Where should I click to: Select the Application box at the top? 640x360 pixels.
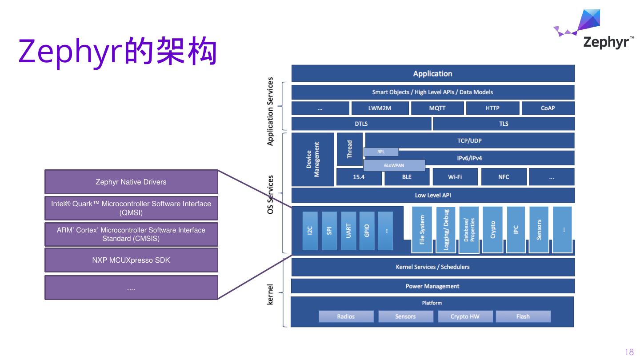pos(433,73)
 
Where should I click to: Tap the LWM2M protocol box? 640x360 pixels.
pos(380,108)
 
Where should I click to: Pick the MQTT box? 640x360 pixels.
pos(437,108)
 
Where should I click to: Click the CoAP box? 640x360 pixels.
pos(548,108)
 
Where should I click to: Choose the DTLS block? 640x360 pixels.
pos(361,124)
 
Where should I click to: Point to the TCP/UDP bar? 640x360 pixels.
pos(470,140)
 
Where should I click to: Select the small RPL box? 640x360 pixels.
pos(381,152)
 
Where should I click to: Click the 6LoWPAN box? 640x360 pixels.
pos(394,165)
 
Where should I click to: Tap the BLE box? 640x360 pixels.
pos(407,177)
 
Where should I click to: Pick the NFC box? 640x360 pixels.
pos(504,177)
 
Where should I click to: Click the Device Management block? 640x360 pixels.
pos(312,160)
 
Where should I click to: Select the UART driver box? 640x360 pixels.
pos(348,231)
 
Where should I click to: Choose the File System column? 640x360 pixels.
pos(422,230)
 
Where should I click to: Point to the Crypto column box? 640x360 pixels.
pos(492,230)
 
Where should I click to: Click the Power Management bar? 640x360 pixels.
pos(433,286)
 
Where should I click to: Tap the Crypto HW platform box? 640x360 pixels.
pos(465,316)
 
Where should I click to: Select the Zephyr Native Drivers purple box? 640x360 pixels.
pos(131,182)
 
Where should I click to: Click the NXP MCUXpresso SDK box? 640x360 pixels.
pos(131,260)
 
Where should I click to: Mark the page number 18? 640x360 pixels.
pos(629,352)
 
